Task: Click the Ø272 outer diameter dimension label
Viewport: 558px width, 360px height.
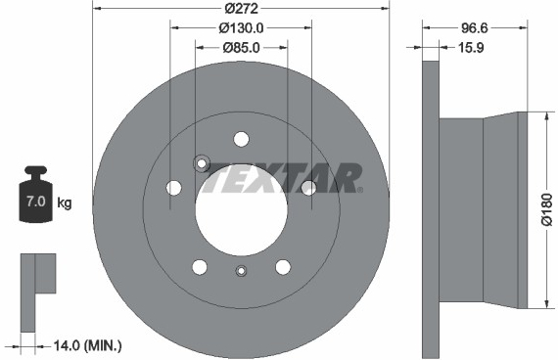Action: click(241, 8)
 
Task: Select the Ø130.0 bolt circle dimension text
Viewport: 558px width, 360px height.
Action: click(241, 27)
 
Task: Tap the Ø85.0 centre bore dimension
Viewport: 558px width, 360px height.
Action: click(241, 47)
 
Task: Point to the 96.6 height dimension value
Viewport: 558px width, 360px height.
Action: click(475, 27)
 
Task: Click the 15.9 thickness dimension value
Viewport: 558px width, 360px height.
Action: click(471, 47)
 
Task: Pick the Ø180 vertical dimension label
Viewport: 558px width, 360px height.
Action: click(547, 209)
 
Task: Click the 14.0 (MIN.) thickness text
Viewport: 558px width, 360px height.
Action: click(87, 345)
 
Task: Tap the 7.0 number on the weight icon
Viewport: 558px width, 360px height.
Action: click(36, 202)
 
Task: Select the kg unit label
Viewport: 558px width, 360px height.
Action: click(65, 202)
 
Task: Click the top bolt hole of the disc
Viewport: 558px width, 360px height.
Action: click(241, 139)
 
